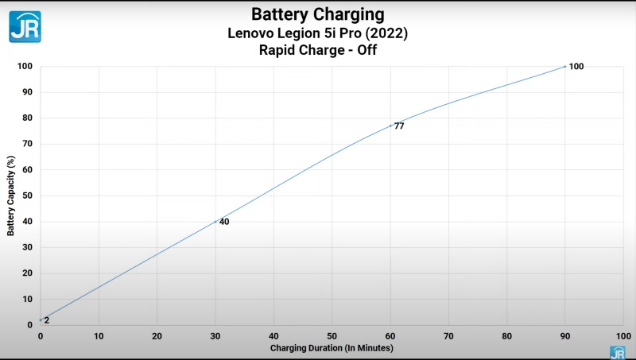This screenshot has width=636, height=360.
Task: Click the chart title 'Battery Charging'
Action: [317, 14]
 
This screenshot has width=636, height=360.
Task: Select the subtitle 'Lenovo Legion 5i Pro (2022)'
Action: [317, 33]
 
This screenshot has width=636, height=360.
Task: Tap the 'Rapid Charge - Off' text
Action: [317, 51]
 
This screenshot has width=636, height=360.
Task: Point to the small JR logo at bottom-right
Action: [617, 352]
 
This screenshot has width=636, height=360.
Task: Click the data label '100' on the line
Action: [576, 67]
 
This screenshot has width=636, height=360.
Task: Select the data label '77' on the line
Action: [399, 126]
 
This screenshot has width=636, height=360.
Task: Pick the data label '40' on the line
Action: [224, 222]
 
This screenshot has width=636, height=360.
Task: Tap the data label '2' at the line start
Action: [47, 320]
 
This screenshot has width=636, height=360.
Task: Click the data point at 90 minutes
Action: [565, 66]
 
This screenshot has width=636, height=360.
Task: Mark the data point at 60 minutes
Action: [390, 126]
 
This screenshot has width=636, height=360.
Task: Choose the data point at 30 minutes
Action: [215, 221]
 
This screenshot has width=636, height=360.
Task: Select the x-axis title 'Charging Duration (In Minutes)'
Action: [332, 348]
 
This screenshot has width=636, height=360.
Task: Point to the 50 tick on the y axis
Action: [29, 195]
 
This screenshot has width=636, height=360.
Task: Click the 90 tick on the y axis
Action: [29, 92]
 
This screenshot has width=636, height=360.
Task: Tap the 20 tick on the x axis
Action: [157, 336]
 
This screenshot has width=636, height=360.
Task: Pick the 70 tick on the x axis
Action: [448, 336]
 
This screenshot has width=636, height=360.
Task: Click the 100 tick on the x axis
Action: [622, 336]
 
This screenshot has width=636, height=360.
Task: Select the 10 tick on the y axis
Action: [29, 300]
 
